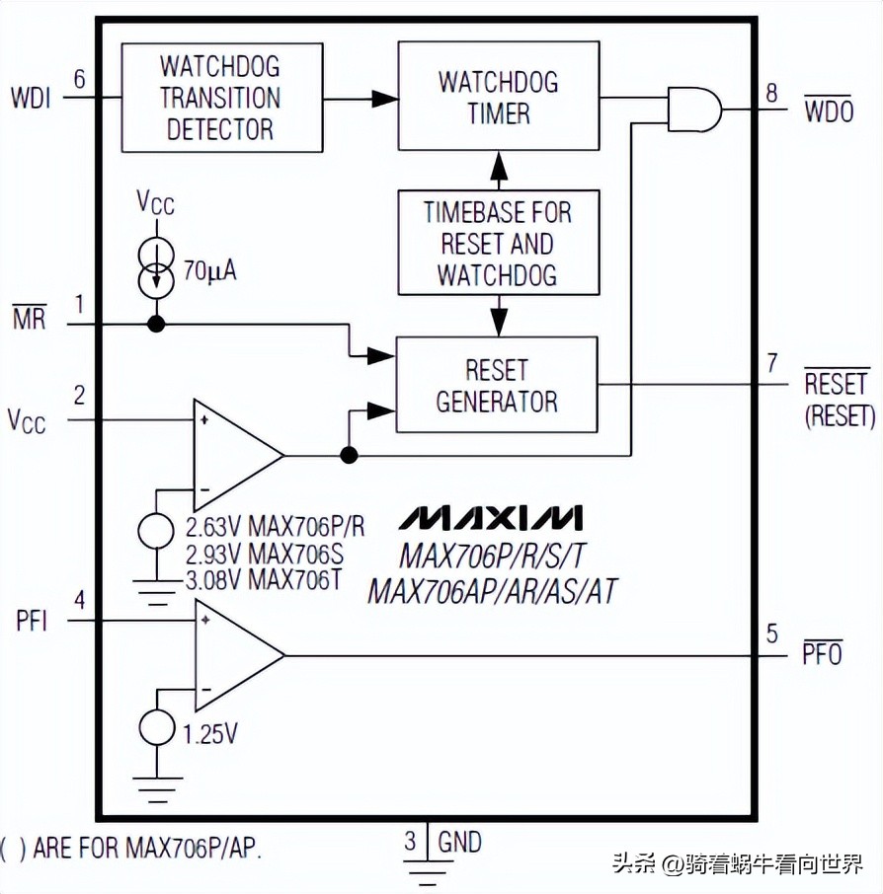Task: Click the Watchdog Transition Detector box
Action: (x=221, y=98)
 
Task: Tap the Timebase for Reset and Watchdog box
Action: (x=498, y=243)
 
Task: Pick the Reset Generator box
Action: (x=497, y=385)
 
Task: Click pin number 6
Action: (x=80, y=78)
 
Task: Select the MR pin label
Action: (x=29, y=320)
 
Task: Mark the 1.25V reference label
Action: (x=210, y=734)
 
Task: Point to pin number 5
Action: (x=772, y=634)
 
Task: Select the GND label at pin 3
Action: (x=459, y=842)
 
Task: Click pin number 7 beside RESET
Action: (x=772, y=363)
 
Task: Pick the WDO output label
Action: (x=828, y=112)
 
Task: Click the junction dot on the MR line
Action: (x=156, y=324)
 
